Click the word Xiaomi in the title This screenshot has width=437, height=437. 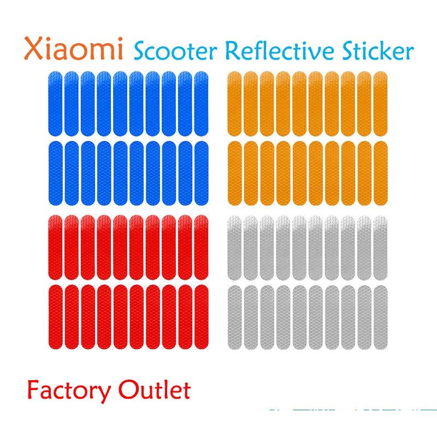(x=74, y=49)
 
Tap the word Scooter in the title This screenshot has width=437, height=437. (x=175, y=51)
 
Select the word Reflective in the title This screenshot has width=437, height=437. (x=279, y=50)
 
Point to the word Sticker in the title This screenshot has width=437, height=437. (x=378, y=50)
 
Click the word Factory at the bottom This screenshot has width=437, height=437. (x=69, y=391)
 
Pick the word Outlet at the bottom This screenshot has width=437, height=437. (x=155, y=389)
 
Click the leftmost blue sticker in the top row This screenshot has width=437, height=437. (x=55, y=104)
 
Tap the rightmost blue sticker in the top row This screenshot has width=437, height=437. (x=201, y=104)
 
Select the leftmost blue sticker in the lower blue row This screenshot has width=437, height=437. (x=55, y=173)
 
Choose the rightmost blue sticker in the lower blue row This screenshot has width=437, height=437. (x=201, y=173)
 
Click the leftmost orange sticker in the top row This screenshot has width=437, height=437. (x=234, y=104)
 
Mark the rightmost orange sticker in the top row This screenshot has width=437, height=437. (x=380, y=104)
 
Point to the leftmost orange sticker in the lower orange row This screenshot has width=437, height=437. (x=234, y=173)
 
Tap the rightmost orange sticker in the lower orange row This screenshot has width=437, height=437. (x=380, y=173)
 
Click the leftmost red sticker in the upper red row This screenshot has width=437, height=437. (x=55, y=247)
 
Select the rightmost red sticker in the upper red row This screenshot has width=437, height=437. (x=201, y=247)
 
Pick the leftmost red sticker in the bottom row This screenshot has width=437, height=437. (x=55, y=317)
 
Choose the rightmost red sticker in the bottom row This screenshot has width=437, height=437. (x=201, y=317)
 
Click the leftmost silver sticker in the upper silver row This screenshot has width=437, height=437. (x=234, y=247)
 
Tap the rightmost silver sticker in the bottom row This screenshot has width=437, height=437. (x=380, y=317)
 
